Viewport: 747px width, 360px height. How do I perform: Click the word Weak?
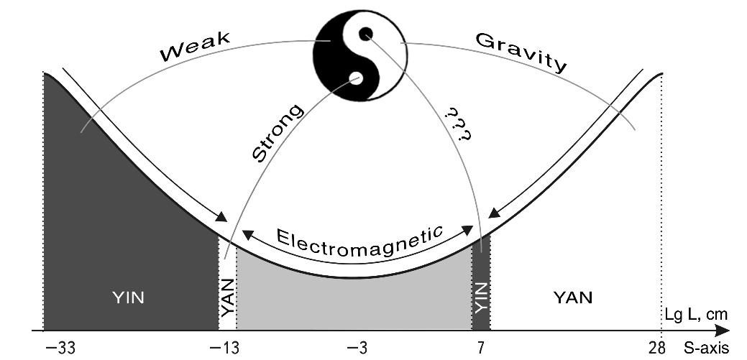195,47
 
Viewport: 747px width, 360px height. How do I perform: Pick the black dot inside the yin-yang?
366,33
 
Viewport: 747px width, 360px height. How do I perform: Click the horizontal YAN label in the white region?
573,296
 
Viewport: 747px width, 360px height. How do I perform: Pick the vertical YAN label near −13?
226,298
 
